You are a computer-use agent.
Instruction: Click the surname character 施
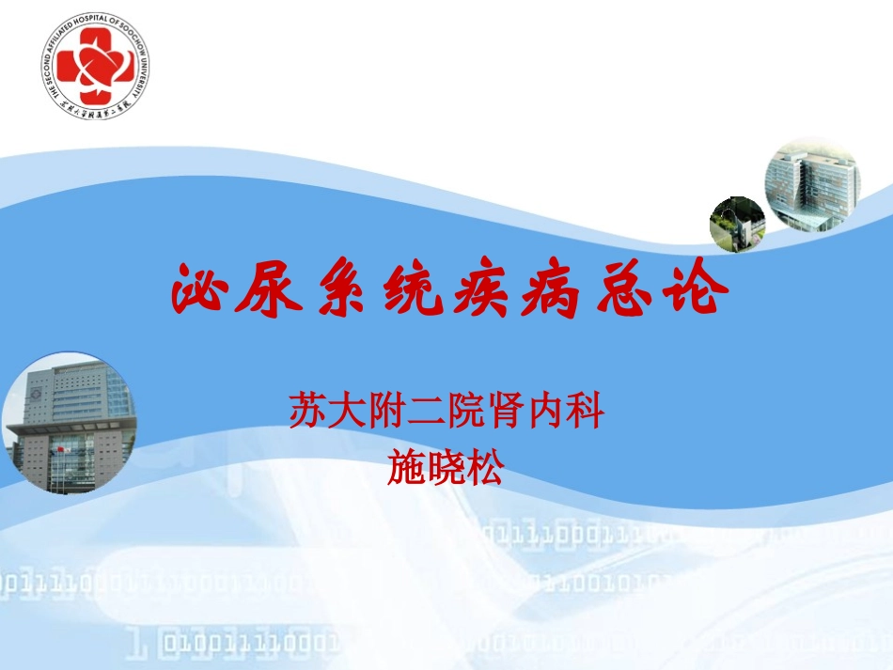click(406, 467)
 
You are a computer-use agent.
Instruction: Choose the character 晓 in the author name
click(446, 467)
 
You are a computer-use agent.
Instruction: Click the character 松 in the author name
click(485, 467)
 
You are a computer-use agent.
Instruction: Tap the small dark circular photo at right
click(737, 225)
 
